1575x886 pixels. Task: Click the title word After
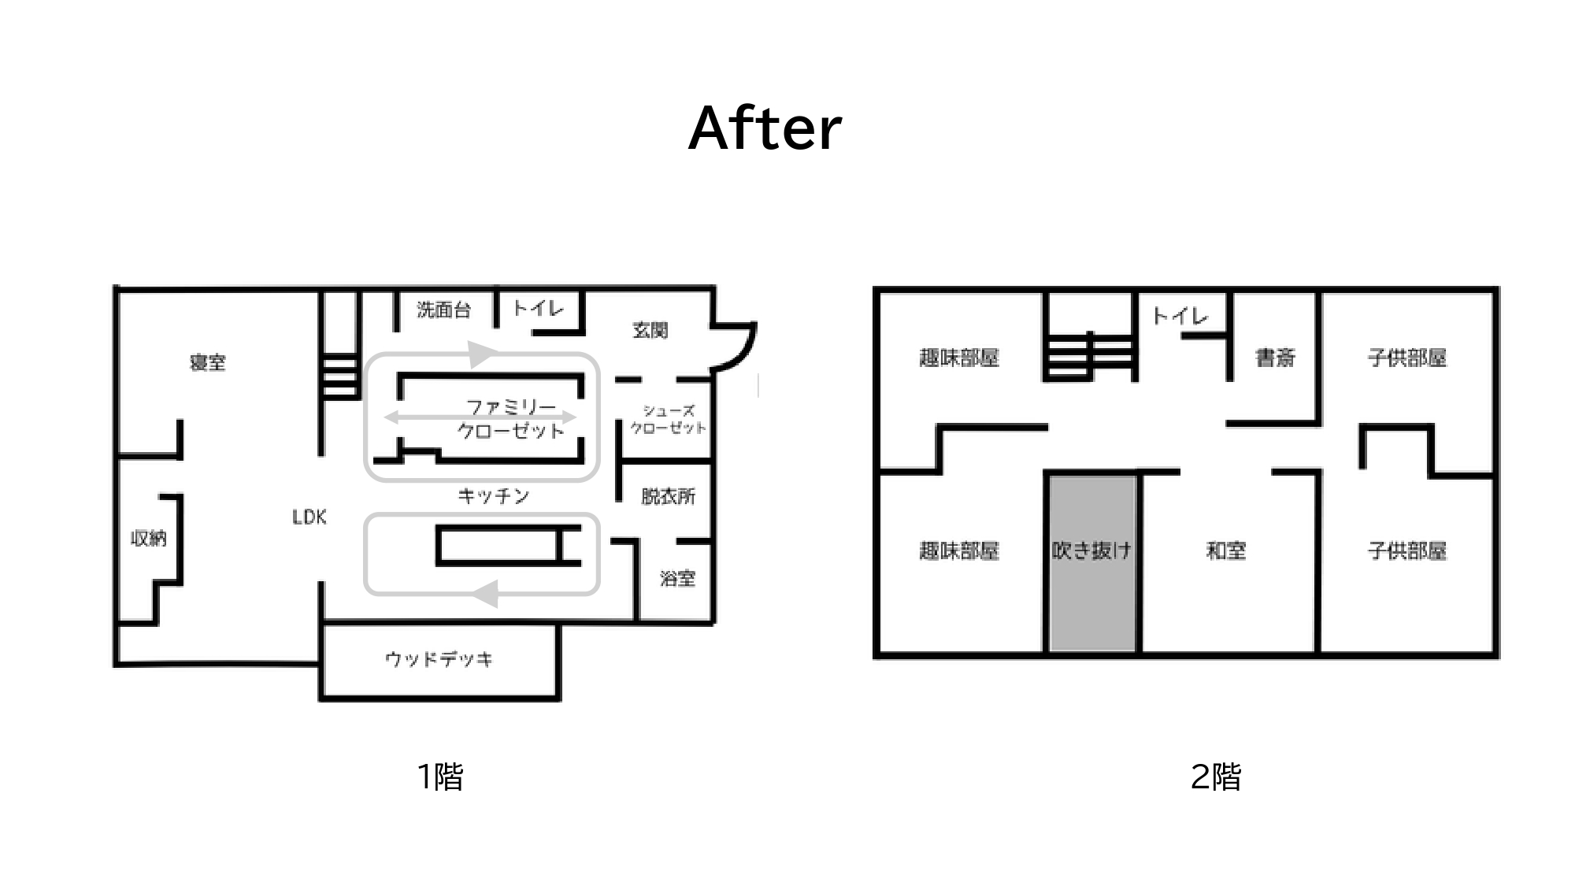click(x=765, y=128)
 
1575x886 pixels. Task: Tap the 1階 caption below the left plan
click(x=440, y=777)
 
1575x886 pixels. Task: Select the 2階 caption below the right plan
click(x=1216, y=777)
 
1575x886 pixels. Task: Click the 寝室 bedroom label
click(x=208, y=362)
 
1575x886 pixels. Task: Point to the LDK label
click(x=309, y=517)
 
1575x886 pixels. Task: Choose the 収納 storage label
click(x=149, y=539)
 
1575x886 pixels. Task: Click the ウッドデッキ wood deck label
click(x=439, y=659)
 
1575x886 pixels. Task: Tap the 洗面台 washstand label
click(x=444, y=310)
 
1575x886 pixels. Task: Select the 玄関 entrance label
click(x=650, y=331)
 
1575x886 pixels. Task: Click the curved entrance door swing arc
click(x=744, y=351)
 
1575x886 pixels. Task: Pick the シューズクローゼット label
click(x=669, y=419)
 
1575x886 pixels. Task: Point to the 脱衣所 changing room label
click(x=669, y=496)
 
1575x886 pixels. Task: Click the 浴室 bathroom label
click(x=678, y=579)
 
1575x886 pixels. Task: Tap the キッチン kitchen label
click(x=494, y=496)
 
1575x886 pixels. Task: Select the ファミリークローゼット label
click(x=512, y=419)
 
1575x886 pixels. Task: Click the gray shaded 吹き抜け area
click(x=1092, y=562)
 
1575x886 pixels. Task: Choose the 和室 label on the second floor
click(x=1226, y=551)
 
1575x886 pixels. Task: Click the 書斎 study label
click(x=1276, y=358)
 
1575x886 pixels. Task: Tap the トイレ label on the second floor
click(x=1180, y=317)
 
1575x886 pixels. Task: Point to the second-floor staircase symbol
click(x=1091, y=356)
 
